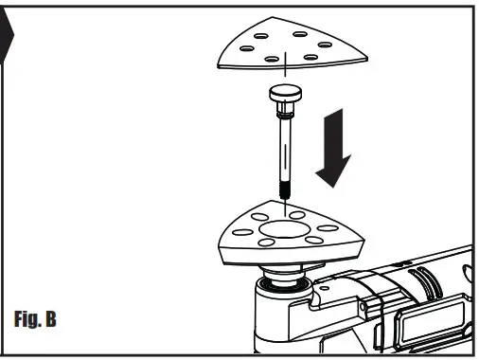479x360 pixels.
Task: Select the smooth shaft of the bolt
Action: click(x=283, y=142)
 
